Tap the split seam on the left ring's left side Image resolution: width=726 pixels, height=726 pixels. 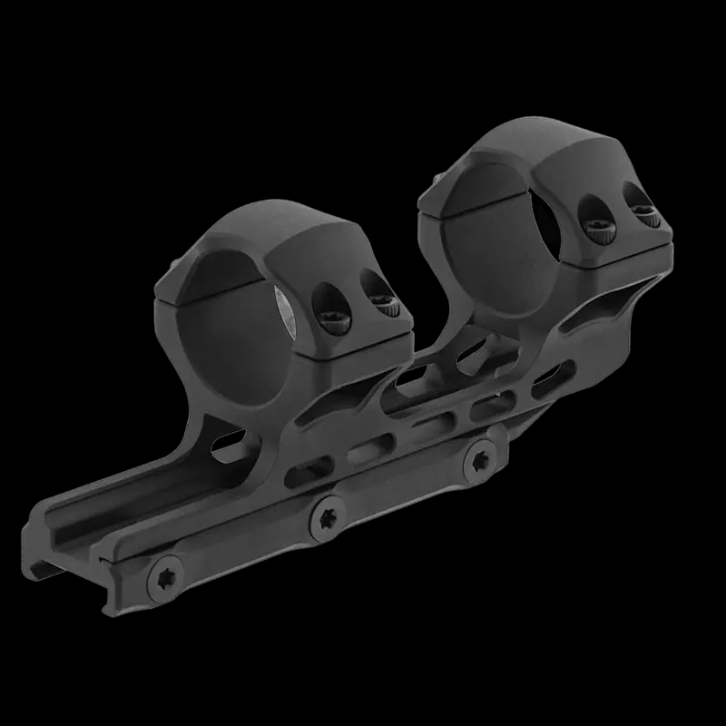(x=172, y=292)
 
